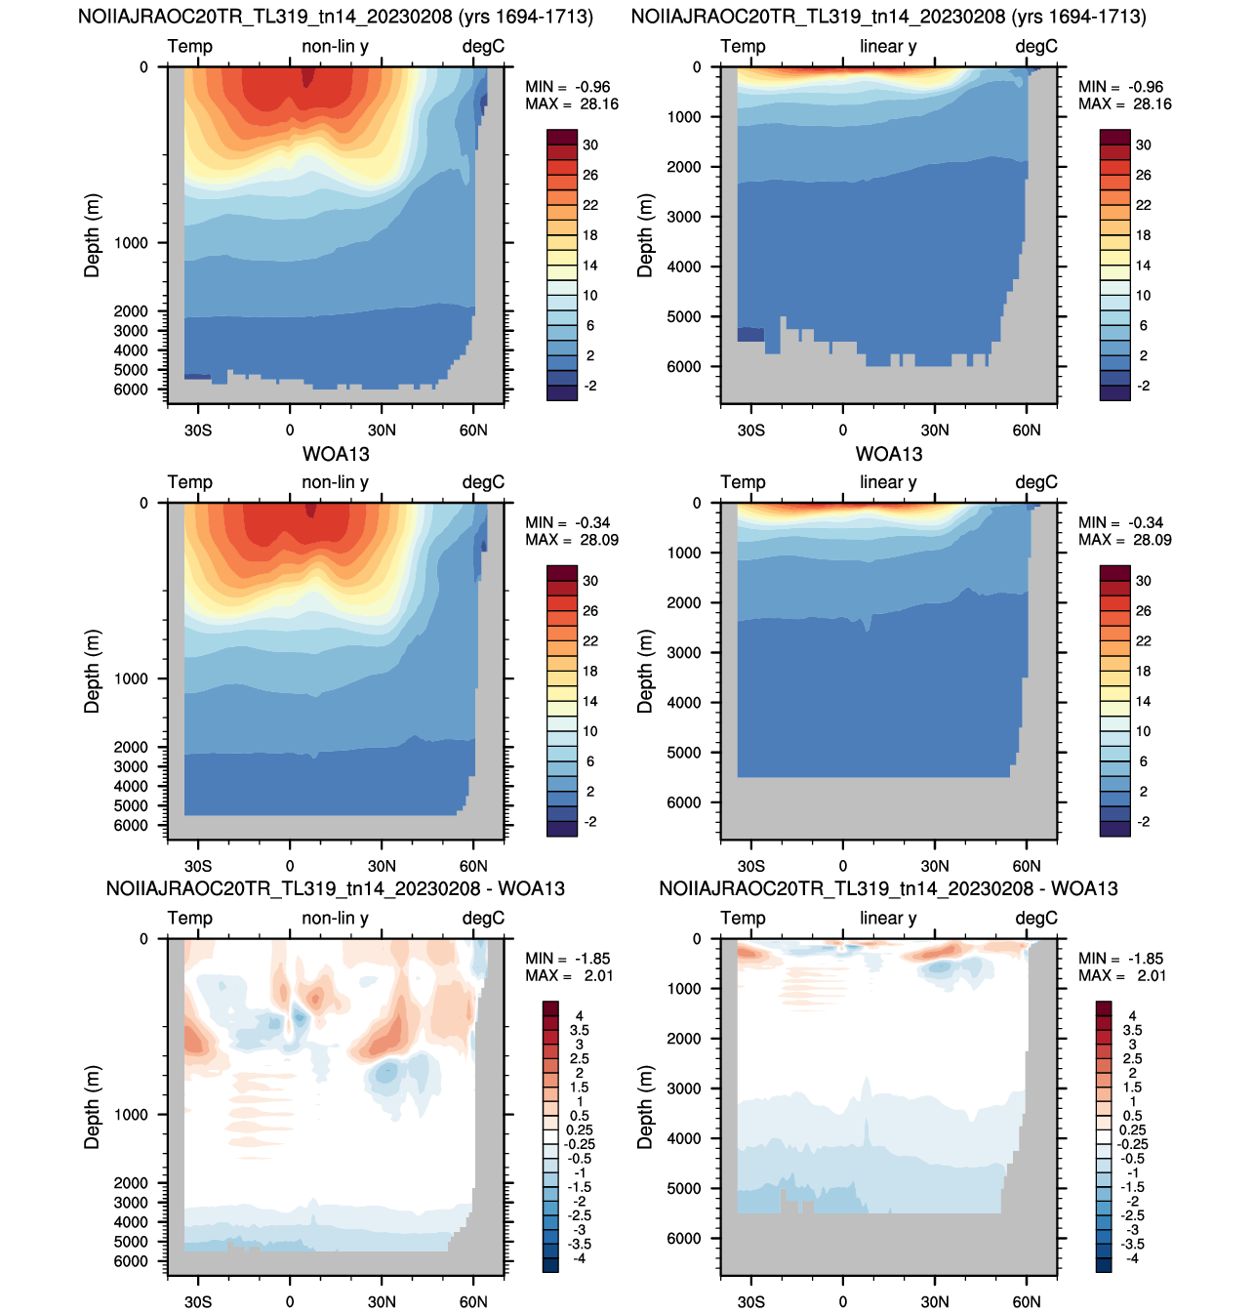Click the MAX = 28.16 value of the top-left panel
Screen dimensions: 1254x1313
(x=571, y=103)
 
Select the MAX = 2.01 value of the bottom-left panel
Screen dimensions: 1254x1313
(x=569, y=975)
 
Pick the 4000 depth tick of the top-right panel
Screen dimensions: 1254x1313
(x=683, y=267)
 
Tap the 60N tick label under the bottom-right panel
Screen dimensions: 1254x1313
(x=1026, y=1301)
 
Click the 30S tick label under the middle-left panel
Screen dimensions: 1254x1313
(x=198, y=866)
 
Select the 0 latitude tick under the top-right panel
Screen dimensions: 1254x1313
(x=842, y=430)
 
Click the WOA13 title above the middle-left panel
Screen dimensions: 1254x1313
(x=336, y=453)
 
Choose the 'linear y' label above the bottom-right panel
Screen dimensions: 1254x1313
(x=888, y=918)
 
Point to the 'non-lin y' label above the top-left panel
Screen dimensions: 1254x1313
(x=335, y=46)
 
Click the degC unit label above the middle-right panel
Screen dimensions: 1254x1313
(x=1036, y=481)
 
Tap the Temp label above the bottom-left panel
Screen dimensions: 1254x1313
(x=189, y=918)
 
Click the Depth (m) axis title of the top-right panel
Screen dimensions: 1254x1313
(x=645, y=235)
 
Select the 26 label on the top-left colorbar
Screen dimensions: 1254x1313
(x=590, y=175)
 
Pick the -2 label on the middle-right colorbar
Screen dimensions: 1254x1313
(x=1143, y=821)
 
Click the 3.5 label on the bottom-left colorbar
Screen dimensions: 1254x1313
(x=579, y=1030)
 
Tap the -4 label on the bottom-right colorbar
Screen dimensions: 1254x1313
(x=1133, y=1257)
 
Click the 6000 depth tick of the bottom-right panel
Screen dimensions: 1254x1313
(x=683, y=1238)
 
